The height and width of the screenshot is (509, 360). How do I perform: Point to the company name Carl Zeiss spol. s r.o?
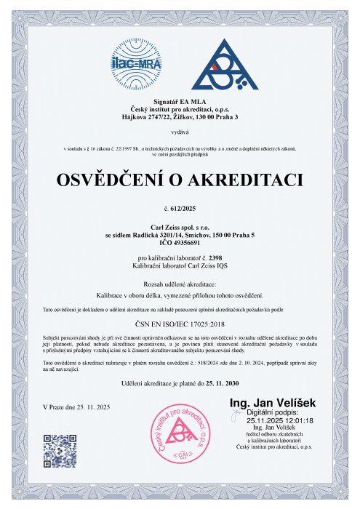180,225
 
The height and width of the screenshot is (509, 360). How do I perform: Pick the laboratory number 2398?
212,258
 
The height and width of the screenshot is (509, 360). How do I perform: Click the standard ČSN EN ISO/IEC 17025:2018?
180,326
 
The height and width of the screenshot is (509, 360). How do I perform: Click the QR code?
60,450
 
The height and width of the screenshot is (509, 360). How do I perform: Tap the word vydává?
180,133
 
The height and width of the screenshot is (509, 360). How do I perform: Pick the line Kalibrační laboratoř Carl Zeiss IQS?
180,266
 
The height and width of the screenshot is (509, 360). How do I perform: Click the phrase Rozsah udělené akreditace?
180,282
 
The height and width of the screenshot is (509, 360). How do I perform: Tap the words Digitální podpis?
271,412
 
